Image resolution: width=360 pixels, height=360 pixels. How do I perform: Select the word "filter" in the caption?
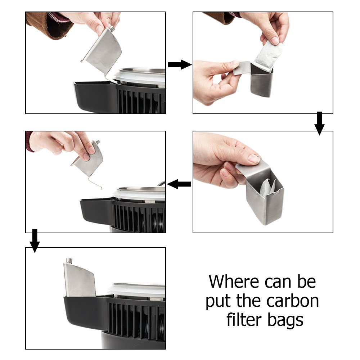pyautogui.click(x=244, y=320)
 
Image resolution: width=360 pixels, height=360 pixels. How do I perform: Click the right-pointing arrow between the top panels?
pyautogui.click(x=179, y=65)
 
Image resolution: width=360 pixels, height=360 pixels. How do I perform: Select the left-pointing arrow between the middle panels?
pyautogui.click(x=179, y=185)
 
